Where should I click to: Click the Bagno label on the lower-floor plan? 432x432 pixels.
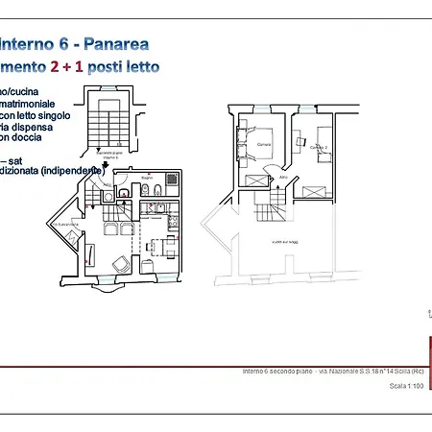coord(146,179)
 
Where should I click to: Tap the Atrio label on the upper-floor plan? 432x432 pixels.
coord(284,178)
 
